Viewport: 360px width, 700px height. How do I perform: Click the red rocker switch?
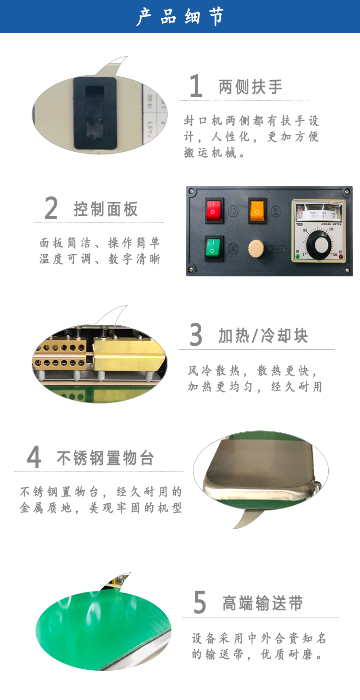[x=214, y=210]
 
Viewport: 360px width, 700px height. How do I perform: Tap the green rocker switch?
[x=214, y=249]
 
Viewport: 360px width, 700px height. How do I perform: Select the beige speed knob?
[x=256, y=249]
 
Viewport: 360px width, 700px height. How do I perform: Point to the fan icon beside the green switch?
[x=232, y=249]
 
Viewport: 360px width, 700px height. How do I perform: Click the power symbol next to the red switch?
[x=233, y=211]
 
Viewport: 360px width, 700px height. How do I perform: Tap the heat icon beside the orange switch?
[x=276, y=211]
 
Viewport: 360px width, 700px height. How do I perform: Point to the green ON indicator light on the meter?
[x=298, y=256]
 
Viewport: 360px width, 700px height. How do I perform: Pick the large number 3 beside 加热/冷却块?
[x=196, y=335]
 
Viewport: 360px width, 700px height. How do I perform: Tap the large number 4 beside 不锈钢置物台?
[x=34, y=457]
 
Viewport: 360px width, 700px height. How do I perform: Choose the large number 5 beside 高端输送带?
[x=200, y=602]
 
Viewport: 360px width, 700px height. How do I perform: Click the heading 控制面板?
[x=106, y=209]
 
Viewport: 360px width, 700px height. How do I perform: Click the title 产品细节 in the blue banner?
[x=180, y=16]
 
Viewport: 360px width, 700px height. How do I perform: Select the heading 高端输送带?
[x=263, y=603]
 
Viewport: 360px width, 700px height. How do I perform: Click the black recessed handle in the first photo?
[x=95, y=113]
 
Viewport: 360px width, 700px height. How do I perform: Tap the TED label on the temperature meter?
[x=300, y=225]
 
